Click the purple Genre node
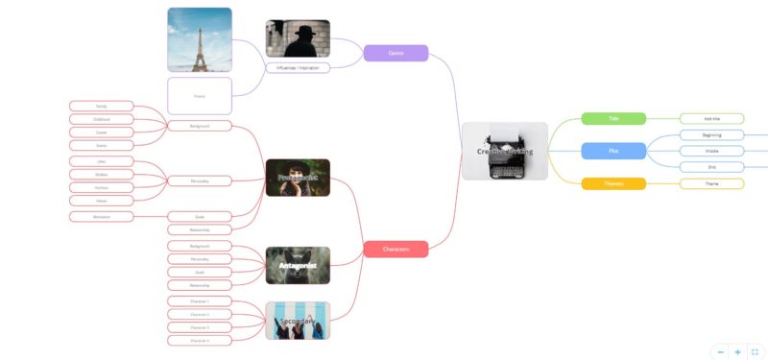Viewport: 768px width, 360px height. coord(396,53)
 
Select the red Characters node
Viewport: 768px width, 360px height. coord(396,249)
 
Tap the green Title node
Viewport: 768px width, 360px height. coord(613,118)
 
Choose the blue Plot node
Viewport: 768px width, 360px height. coord(613,151)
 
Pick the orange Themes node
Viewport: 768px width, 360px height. coord(613,183)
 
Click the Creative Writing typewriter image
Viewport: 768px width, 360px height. coord(504,151)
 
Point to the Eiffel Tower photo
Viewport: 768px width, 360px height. coord(199,39)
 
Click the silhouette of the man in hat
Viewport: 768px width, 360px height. coord(298,38)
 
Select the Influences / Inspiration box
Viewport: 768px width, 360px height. coord(298,67)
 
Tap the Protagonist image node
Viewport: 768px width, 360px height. coord(298,178)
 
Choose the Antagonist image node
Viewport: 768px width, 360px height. coord(298,265)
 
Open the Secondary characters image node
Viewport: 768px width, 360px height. coord(298,321)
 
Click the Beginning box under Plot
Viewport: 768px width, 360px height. coord(711,135)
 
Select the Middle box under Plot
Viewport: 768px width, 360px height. coord(711,151)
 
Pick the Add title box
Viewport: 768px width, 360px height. coord(711,118)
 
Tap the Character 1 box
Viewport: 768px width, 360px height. coord(199,301)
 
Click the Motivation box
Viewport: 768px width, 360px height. coord(101,217)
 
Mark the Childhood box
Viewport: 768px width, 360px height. coord(101,119)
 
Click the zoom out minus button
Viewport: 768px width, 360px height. coord(721,352)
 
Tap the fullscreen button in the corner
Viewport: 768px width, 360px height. coord(755,352)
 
